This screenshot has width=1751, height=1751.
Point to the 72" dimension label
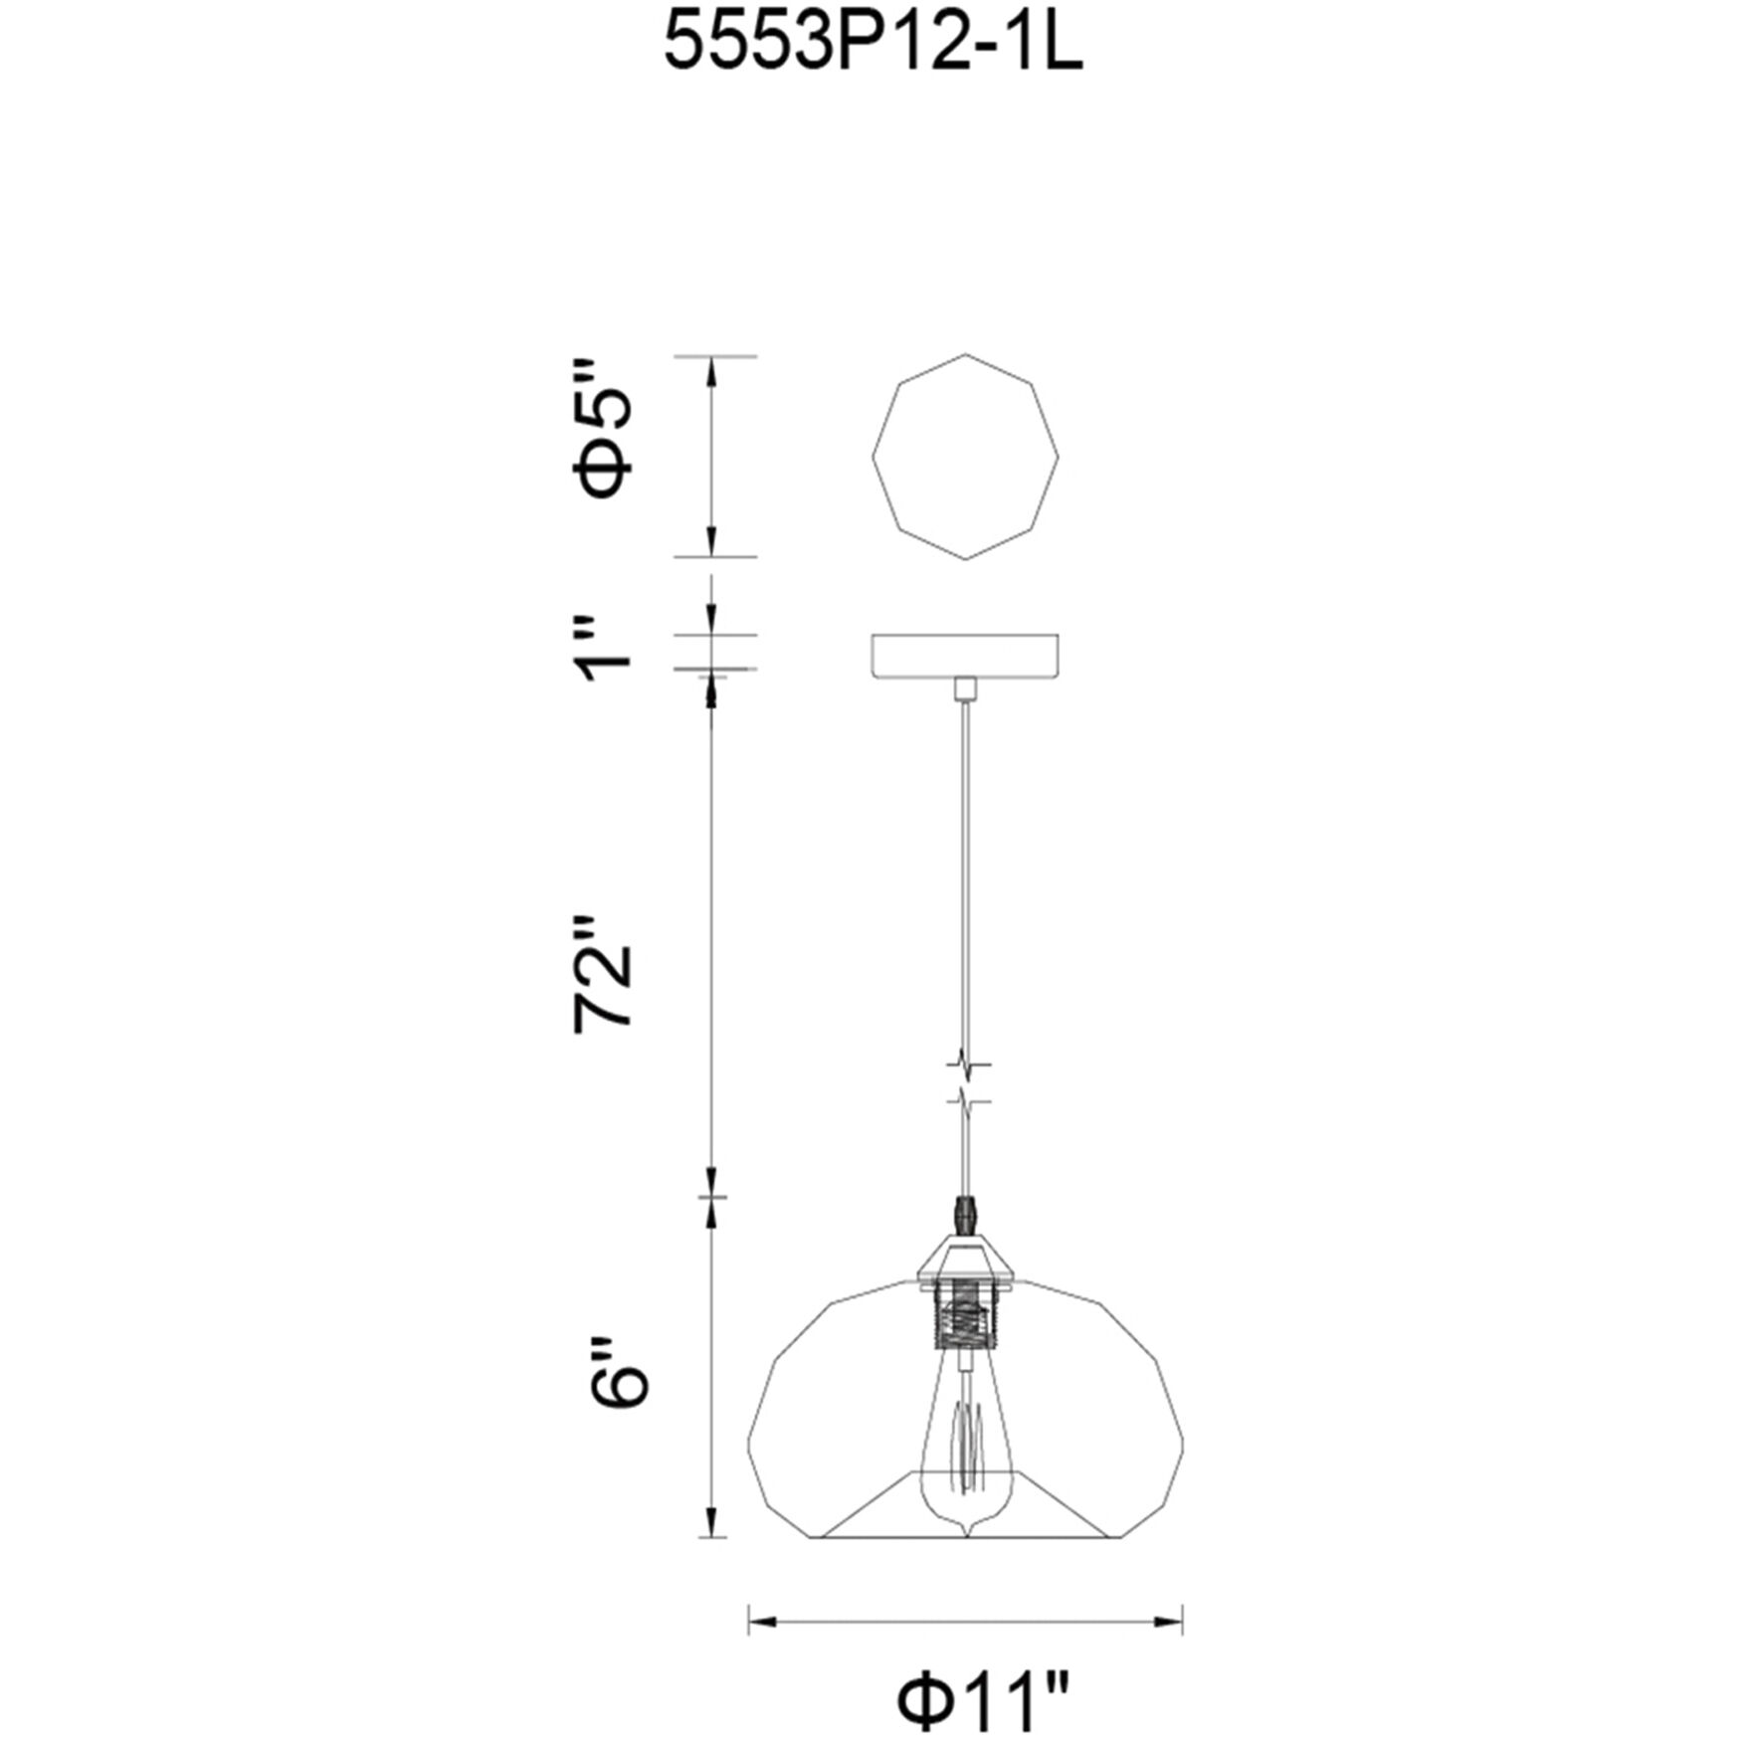[602, 973]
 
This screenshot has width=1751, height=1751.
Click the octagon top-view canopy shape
[965, 457]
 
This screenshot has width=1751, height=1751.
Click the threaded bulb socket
[965, 1316]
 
